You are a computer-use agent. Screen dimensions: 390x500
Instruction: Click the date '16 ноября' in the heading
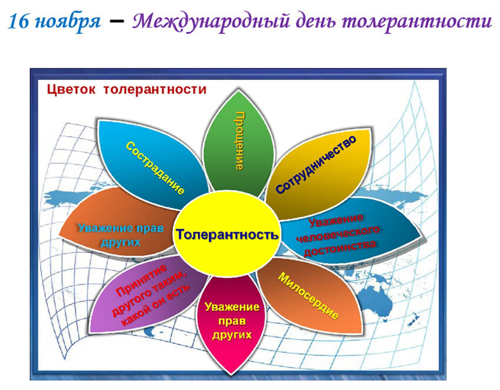[54, 22]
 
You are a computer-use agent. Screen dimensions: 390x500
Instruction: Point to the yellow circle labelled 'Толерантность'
[226, 234]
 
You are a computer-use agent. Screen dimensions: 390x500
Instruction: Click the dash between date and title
[116, 22]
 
